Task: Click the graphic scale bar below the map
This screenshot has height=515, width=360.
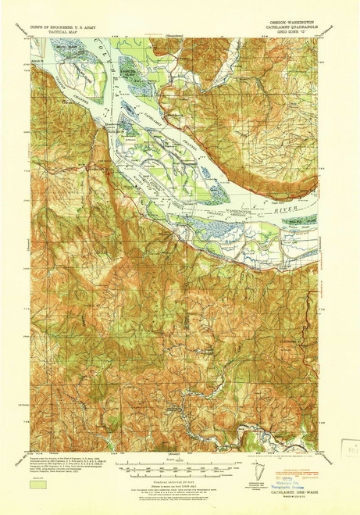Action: pyautogui.click(x=176, y=473)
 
